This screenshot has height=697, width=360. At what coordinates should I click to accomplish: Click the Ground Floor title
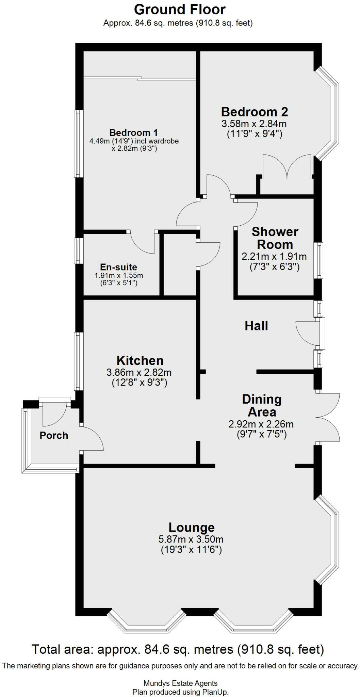pos(180,10)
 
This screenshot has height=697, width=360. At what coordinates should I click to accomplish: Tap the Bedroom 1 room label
pos(133,132)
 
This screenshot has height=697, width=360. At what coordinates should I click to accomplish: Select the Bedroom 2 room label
pos(254,112)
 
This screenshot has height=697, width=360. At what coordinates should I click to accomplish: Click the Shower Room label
pos(275,238)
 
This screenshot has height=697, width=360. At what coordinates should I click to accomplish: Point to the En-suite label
pos(118,267)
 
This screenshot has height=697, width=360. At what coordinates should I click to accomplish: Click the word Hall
pos(256,326)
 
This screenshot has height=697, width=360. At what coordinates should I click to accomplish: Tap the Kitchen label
pos(140,360)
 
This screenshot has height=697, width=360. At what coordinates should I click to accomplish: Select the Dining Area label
pos(261,405)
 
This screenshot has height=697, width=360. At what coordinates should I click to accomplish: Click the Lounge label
pos(192,527)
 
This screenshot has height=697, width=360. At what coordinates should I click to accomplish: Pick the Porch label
pos(54,435)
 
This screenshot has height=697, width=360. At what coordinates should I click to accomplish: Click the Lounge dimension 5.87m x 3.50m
pos(191,539)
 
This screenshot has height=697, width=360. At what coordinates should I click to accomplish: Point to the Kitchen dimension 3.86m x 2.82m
pos(139,372)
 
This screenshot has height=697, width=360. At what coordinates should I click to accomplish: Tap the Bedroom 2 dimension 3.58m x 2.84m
pos(254,123)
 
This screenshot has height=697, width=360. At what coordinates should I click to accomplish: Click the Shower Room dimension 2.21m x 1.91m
pos(274,256)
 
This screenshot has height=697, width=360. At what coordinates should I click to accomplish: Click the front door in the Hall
pos(322,334)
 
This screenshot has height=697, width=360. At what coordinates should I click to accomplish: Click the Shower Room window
pos(318,260)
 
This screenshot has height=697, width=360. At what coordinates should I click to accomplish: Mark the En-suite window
pos(79,250)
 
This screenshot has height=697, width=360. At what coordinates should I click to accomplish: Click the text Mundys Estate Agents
pos(180,683)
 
